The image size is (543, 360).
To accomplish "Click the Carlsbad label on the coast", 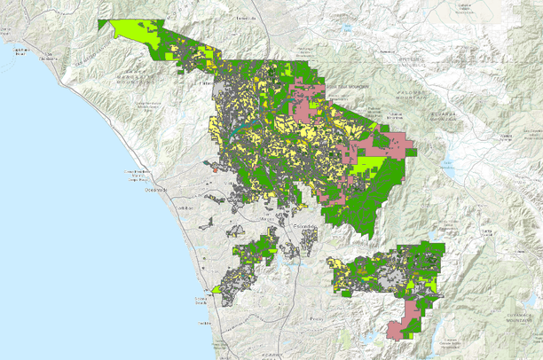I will coord(184,207).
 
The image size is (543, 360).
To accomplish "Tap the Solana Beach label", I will coord(200,304).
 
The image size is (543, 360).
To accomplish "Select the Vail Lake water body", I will coord(348,28).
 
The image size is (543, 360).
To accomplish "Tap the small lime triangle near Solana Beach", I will coord(217,289).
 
